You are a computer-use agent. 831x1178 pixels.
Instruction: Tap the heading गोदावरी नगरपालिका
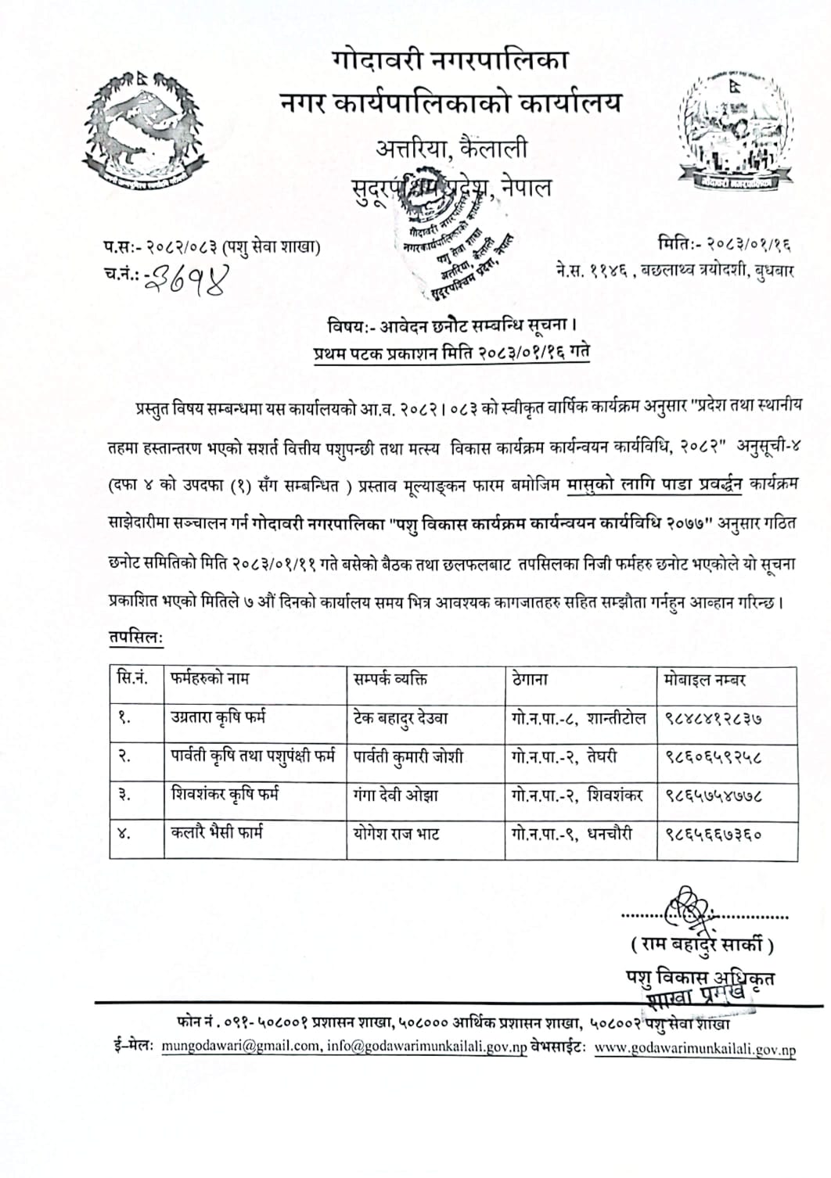pyautogui.click(x=450, y=59)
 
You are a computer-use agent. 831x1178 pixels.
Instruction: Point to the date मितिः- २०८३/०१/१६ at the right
pyautogui.click(x=725, y=244)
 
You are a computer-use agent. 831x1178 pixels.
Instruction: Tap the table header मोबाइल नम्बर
pyautogui.click(x=705, y=679)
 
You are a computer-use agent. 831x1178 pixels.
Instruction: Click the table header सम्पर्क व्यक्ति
pyautogui.click(x=390, y=678)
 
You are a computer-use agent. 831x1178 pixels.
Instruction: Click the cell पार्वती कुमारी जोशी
pyautogui.click(x=408, y=756)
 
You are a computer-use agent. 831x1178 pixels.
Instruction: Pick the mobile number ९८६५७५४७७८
pyautogui.click(x=714, y=796)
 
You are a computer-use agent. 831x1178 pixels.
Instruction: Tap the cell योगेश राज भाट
pyautogui.click(x=396, y=834)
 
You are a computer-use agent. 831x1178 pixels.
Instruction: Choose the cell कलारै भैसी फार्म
pyautogui.click(x=217, y=833)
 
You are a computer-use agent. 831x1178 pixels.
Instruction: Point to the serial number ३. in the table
pyautogui.click(x=124, y=796)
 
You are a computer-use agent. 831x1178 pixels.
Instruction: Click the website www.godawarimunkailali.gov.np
pyautogui.click(x=695, y=1048)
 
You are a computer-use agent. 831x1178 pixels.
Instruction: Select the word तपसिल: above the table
pyautogui.click(x=135, y=638)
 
